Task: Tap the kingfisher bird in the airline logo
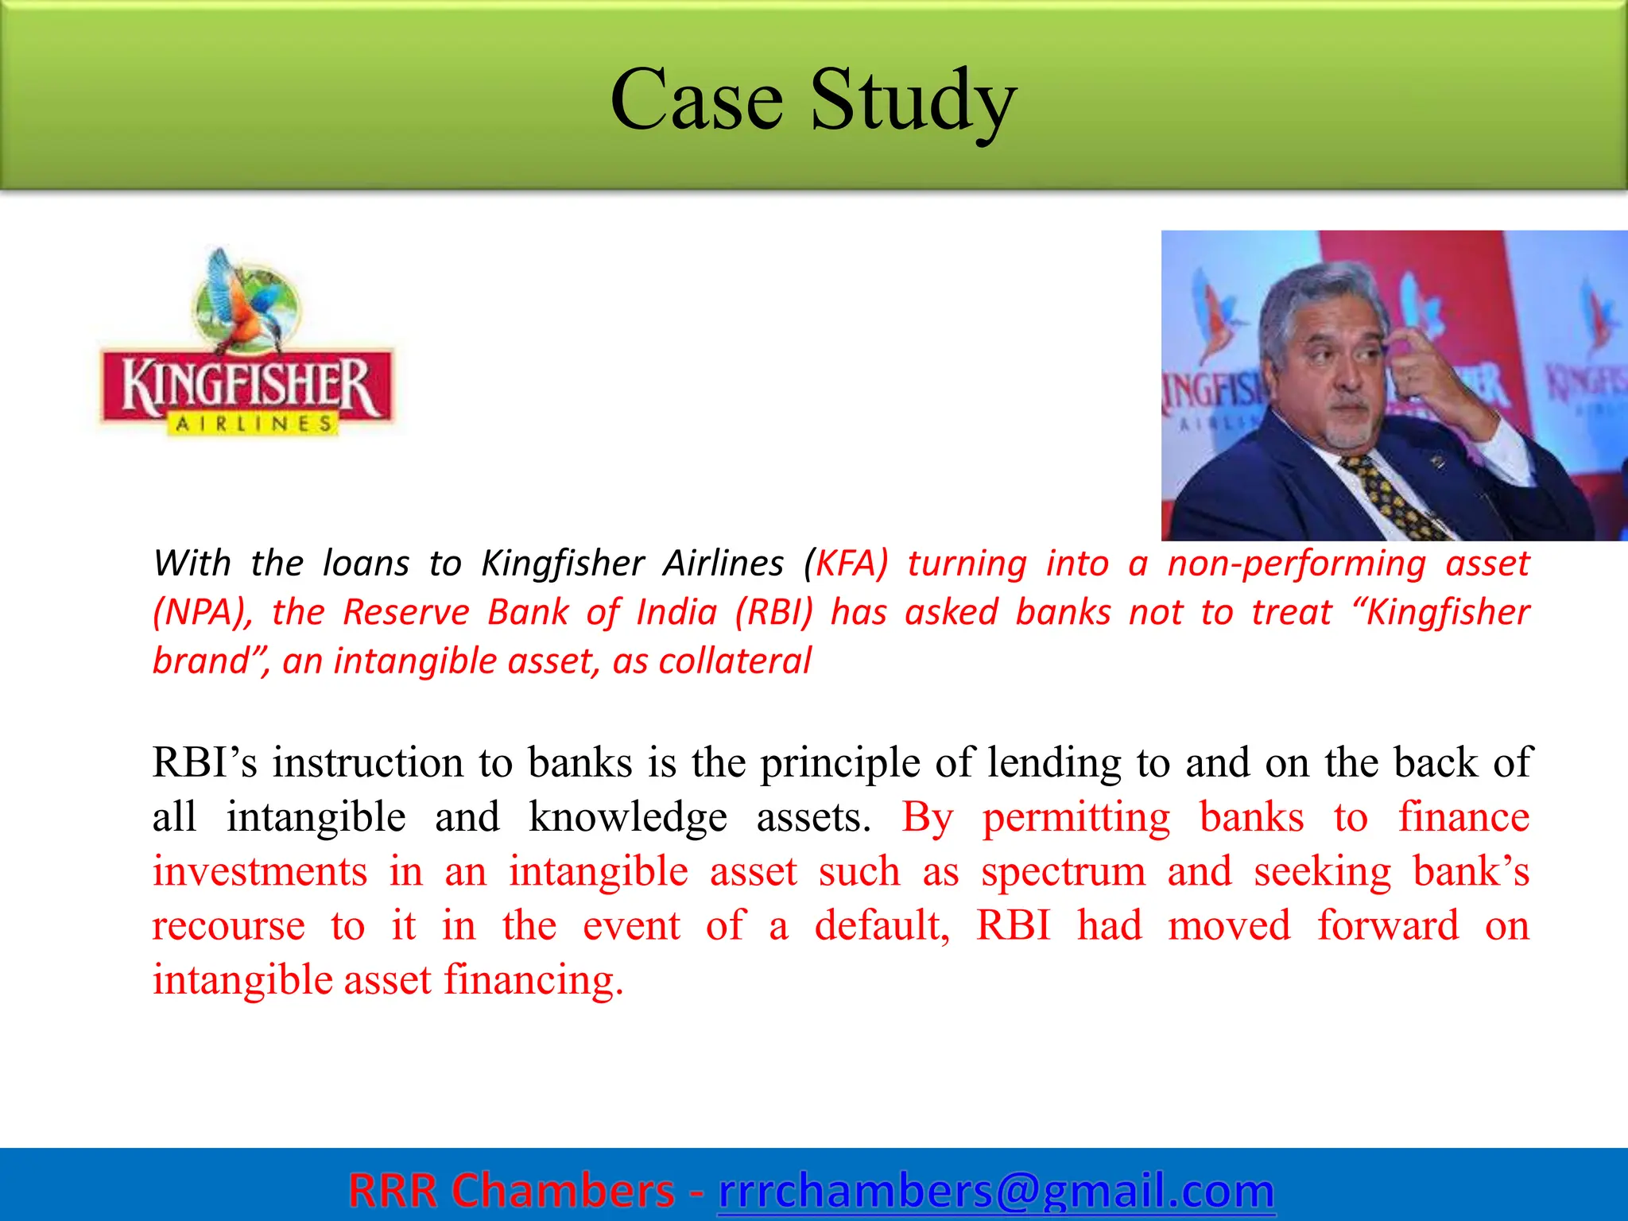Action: click(x=246, y=302)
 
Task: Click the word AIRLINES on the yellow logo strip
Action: click(x=253, y=424)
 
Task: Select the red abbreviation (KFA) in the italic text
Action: click(x=846, y=564)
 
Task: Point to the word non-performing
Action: click(x=1297, y=564)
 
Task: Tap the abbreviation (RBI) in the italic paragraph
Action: click(x=774, y=613)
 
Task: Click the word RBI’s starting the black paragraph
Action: click(x=205, y=763)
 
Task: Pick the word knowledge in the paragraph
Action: click(x=628, y=817)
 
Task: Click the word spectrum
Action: click(x=1063, y=872)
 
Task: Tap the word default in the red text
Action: click(x=882, y=926)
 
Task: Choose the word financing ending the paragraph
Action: click(x=533, y=980)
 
